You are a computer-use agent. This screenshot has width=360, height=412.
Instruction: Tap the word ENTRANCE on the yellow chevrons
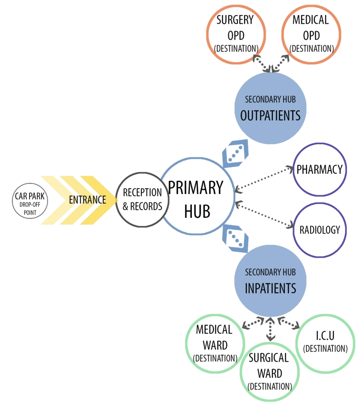click(87, 200)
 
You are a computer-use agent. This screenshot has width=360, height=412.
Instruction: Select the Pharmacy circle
click(319, 169)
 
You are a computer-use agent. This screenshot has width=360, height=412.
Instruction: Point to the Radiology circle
click(319, 229)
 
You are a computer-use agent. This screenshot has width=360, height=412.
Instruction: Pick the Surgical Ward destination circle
click(269, 372)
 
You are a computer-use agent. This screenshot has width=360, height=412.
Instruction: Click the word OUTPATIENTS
click(270, 115)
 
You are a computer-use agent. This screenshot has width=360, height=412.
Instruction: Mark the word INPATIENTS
click(270, 288)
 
